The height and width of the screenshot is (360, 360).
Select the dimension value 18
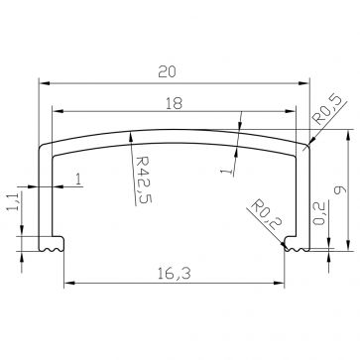click(175, 101)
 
